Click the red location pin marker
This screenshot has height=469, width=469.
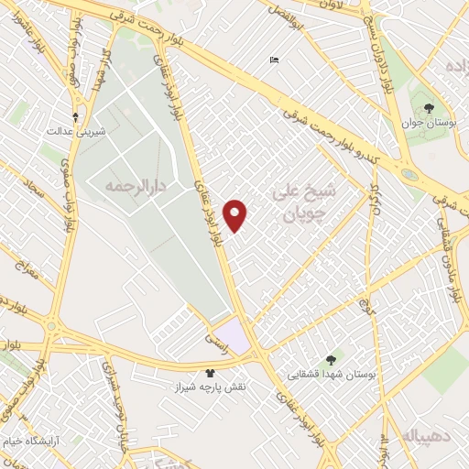point(236,214)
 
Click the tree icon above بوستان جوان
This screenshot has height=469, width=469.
point(430,109)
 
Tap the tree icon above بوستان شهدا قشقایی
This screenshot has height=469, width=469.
point(332,359)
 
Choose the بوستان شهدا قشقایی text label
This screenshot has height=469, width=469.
point(332,374)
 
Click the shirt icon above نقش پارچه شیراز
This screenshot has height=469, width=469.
point(209,374)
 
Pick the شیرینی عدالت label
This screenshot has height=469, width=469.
point(78,132)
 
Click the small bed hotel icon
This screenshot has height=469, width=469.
point(274,60)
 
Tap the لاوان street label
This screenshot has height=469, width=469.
point(334,5)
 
